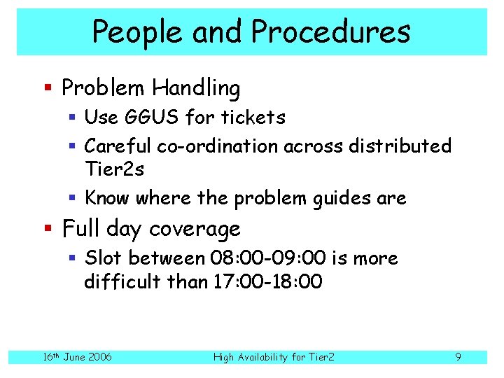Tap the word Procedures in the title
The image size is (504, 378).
click(x=330, y=31)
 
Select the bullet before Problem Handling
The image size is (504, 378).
click(x=48, y=89)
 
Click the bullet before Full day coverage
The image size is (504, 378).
click(x=48, y=229)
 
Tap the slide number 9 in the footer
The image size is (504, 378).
click(x=458, y=357)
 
